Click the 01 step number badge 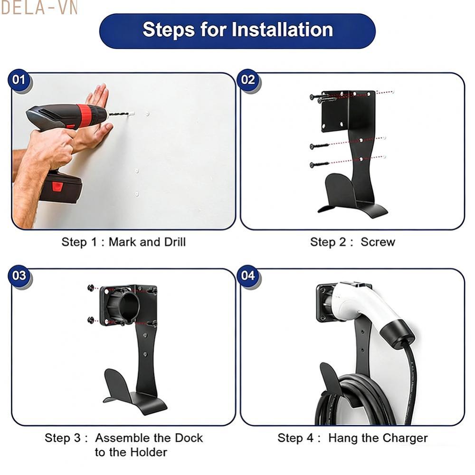[x=19, y=80]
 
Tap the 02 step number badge [x=248, y=80]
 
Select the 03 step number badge [x=19, y=276]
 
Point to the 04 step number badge [x=248, y=276]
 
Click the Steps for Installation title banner [x=237, y=30]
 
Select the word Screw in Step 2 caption [x=378, y=242]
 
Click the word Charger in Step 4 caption [x=403, y=437]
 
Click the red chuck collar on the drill [x=85, y=115]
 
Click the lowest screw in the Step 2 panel [x=319, y=165]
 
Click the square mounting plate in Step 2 [x=348, y=110]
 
